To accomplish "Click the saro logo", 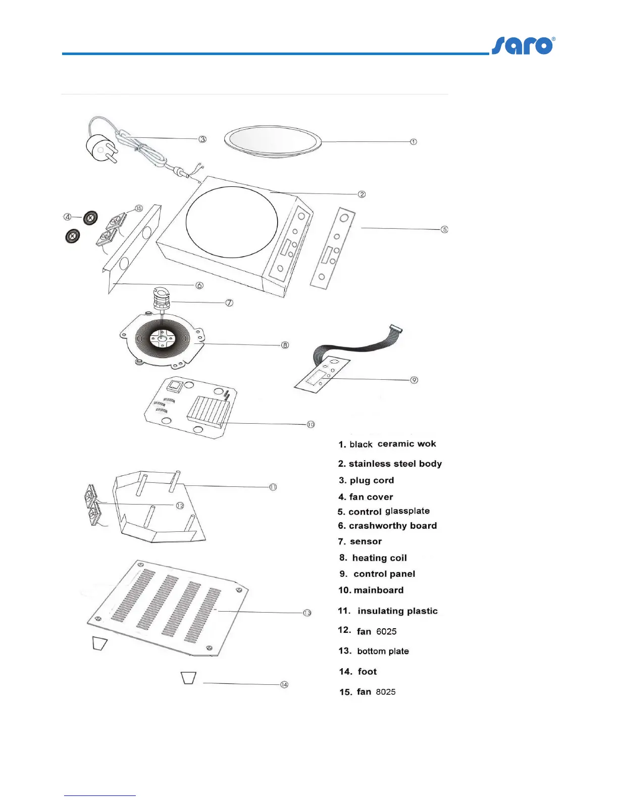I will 523,46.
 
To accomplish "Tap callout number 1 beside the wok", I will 414,142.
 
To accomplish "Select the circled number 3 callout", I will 202,139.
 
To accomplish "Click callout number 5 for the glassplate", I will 444,229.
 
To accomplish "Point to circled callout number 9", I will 414,380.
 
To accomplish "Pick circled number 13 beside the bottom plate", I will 307,613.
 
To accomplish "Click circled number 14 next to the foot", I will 284,684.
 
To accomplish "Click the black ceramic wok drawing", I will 273,141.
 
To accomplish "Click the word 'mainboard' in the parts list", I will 379,590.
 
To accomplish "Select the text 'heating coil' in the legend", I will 379,558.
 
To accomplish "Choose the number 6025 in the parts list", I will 386,631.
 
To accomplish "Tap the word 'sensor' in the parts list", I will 366,541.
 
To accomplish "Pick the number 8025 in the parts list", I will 386,692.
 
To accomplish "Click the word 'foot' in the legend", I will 367,672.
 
